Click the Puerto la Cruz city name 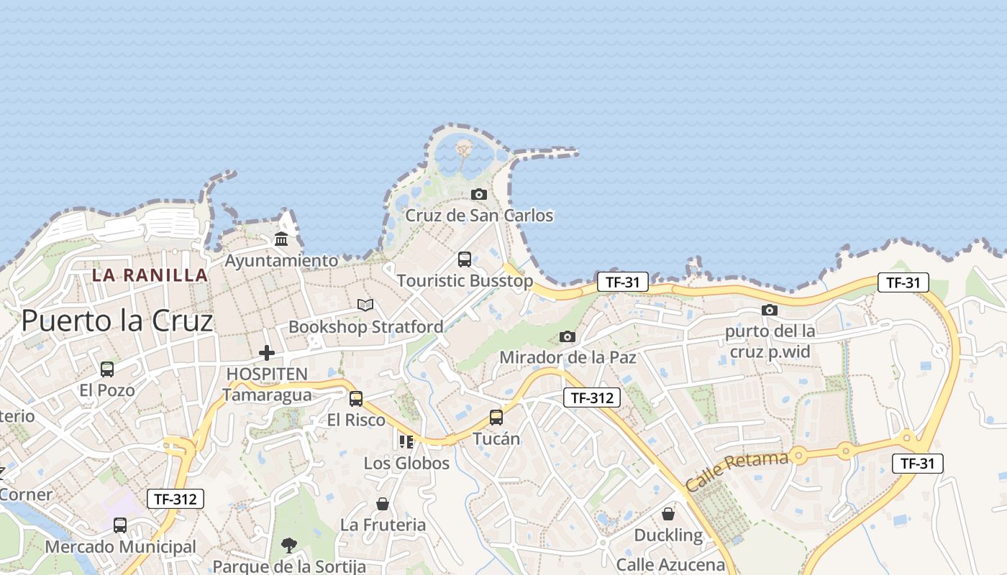coord(117,321)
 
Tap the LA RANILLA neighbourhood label coord(150,275)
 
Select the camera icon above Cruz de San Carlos coord(478,194)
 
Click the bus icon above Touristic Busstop coord(465,259)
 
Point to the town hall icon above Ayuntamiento coord(281,239)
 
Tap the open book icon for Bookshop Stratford coord(365,305)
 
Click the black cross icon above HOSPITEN coord(267,353)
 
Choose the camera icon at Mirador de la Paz coord(568,336)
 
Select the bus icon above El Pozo coord(107,369)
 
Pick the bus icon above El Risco coord(356,398)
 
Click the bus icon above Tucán coord(496,417)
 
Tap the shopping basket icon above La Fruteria coord(383,504)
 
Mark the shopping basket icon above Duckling coord(668,514)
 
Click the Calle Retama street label coord(737,471)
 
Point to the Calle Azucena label coord(670,564)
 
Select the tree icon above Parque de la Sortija coord(289,545)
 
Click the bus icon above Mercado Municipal coord(120,525)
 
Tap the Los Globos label coord(406,463)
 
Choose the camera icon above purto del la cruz coord(770,310)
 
